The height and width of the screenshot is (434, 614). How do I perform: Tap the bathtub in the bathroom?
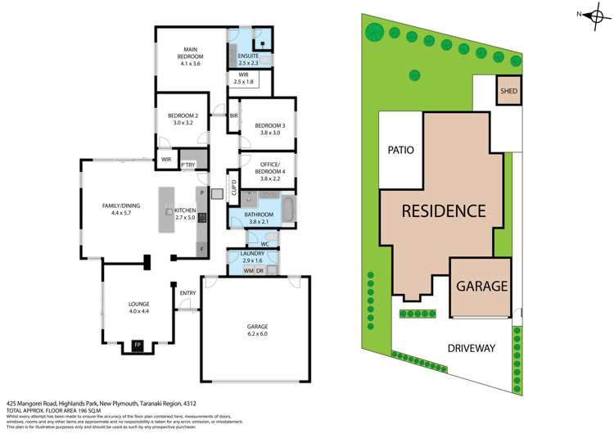click(x=289, y=208)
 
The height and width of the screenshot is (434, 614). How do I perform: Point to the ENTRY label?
click(x=187, y=292)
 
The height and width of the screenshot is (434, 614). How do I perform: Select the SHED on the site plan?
click(x=508, y=91)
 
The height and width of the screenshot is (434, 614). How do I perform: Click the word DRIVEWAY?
click(x=471, y=348)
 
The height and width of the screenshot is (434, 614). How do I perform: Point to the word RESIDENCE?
click(x=442, y=210)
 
